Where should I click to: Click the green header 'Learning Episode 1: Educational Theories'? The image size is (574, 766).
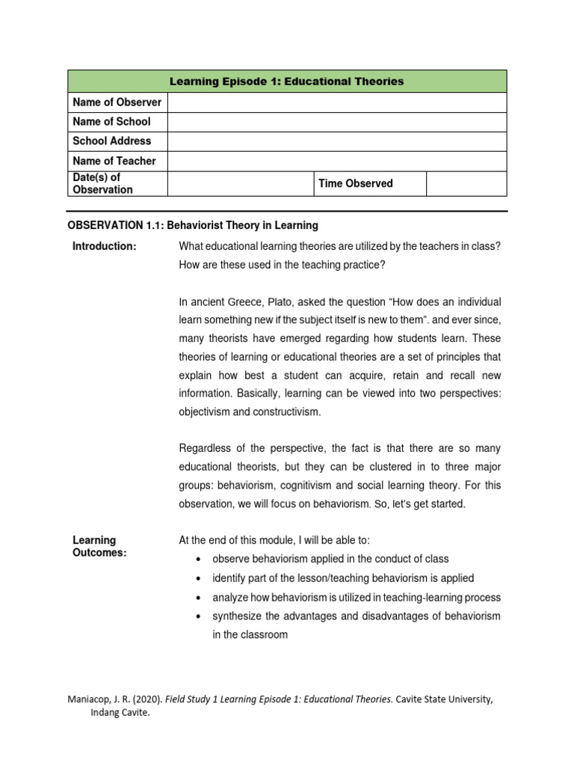click(287, 82)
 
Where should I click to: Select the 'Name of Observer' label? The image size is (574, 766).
click(117, 102)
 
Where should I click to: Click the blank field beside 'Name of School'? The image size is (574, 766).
click(337, 121)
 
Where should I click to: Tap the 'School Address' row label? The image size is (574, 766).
click(111, 141)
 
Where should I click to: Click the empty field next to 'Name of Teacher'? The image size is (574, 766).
click(337, 161)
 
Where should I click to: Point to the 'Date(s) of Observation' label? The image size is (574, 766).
click(102, 183)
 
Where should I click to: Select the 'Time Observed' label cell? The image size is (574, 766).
click(355, 183)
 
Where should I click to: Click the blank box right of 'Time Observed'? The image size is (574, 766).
click(466, 183)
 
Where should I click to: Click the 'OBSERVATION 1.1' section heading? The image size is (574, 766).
click(193, 225)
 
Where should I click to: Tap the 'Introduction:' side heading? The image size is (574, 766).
click(104, 248)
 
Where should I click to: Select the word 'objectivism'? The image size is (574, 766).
click(207, 411)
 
